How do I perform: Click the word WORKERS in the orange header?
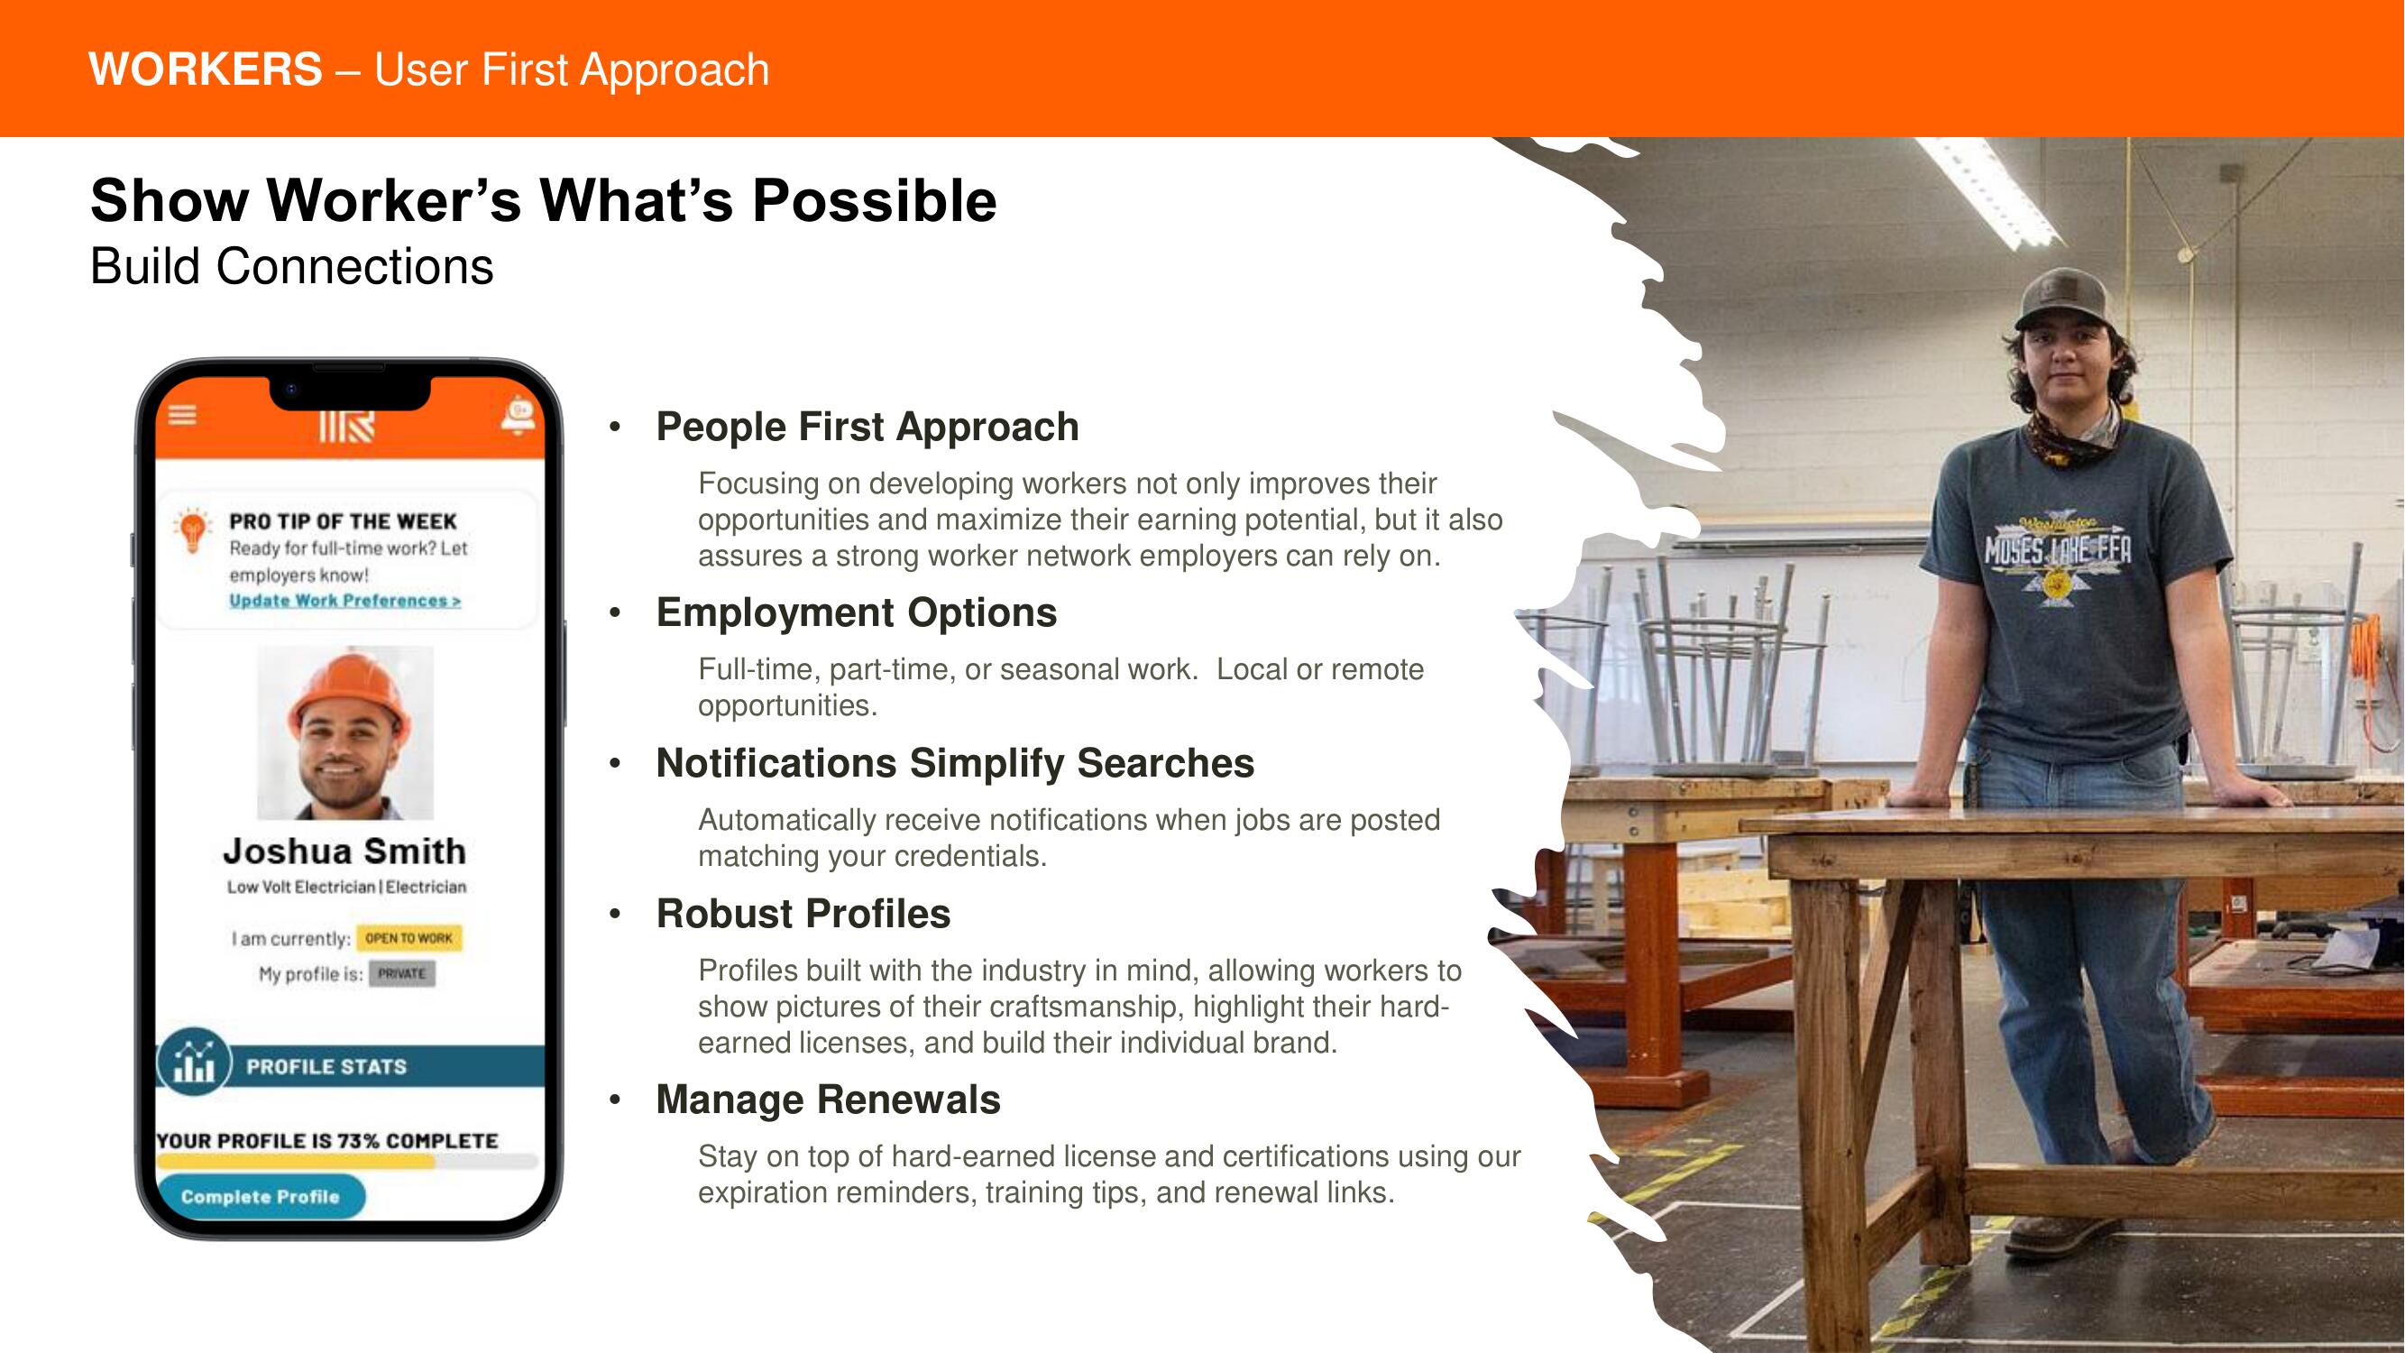tap(206, 70)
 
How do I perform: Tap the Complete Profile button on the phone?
tap(261, 1196)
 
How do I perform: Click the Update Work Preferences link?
tap(345, 601)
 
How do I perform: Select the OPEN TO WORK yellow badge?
tap(408, 937)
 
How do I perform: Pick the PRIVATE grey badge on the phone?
tap(402, 974)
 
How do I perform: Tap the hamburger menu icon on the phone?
tap(182, 415)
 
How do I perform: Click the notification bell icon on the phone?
tap(519, 417)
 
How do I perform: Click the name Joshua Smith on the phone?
tap(344, 851)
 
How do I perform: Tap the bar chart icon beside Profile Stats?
tap(194, 1063)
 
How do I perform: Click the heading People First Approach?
tap(867, 427)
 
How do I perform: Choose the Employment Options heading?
tap(856, 612)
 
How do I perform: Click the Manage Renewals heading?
tap(828, 1099)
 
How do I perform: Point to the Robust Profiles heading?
tap(803, 913)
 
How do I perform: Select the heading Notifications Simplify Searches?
tap(955, 763)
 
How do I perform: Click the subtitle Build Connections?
tap(291, 267)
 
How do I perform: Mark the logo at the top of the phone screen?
tap(346, 426)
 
